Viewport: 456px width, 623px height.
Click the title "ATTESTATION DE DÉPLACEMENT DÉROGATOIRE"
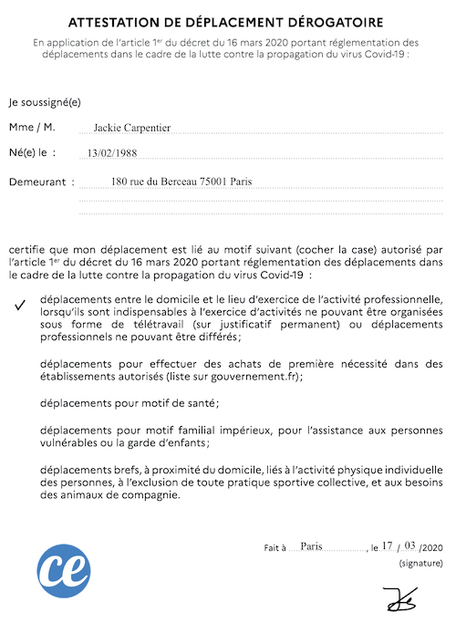228,21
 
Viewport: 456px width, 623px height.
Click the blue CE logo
64,570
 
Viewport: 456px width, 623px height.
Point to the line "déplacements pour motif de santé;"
130,401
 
